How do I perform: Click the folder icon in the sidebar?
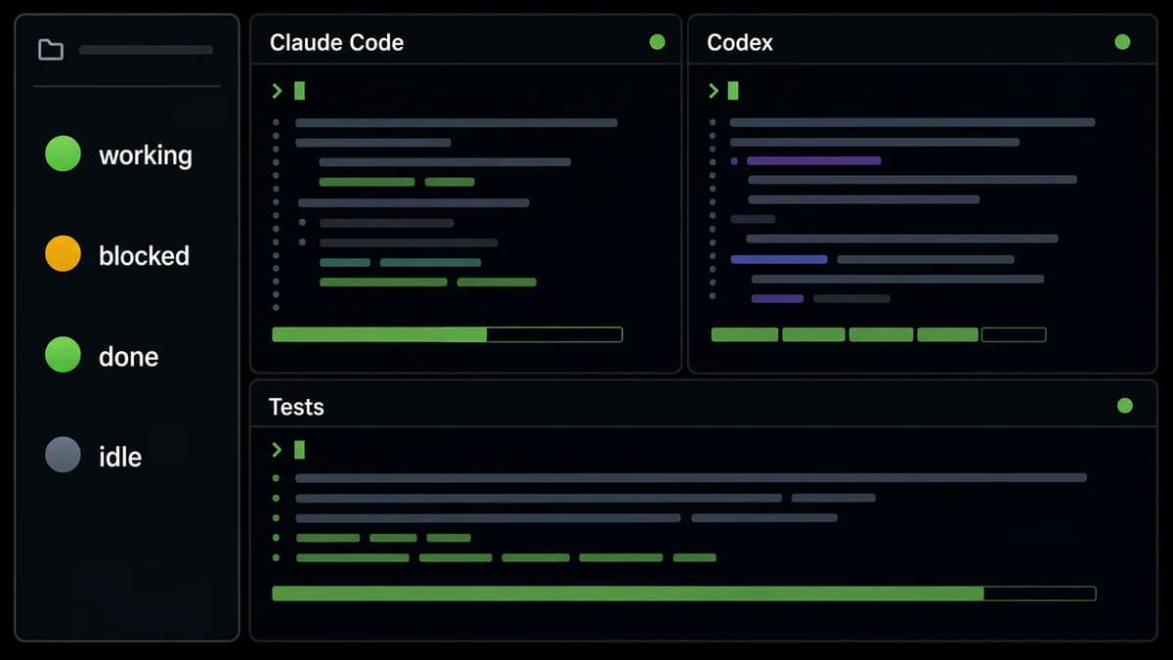click(51, 50)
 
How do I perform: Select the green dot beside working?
click(63, 154)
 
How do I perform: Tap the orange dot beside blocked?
click(63, 253)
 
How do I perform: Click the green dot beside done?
click(63, 354)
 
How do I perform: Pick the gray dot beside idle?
click(63, 455)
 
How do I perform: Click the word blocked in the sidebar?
click(144, 255)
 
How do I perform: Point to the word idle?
click(120, 457)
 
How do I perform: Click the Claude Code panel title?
click(336, 42)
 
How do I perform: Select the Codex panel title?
click(739, 42)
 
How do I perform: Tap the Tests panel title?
click(296, 407)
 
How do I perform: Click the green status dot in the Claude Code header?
click(657, 42)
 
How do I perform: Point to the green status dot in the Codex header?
click(1122, 42)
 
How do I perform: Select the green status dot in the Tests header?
click(1125, 406)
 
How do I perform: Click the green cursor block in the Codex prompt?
click(733, 91)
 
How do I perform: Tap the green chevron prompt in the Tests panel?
click(277, 450)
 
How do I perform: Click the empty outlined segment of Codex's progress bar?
click(1014, 334)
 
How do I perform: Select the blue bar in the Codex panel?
click(779, 259)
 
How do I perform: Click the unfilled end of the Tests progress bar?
click(1040, 594)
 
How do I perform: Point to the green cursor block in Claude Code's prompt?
click(299, 91)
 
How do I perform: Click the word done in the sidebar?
click(129, 357)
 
